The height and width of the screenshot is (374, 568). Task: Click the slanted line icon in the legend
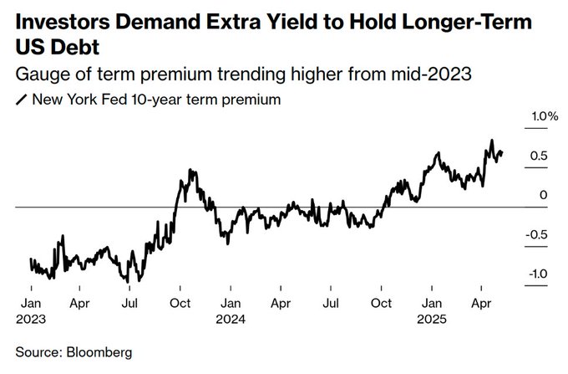[21, 100]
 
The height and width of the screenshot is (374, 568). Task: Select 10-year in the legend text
[170, 100]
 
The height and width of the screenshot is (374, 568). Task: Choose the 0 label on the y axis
[544, 195]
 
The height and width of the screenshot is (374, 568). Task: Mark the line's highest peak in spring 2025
[492, 141]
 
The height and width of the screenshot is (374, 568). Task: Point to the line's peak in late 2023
[192, 170]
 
